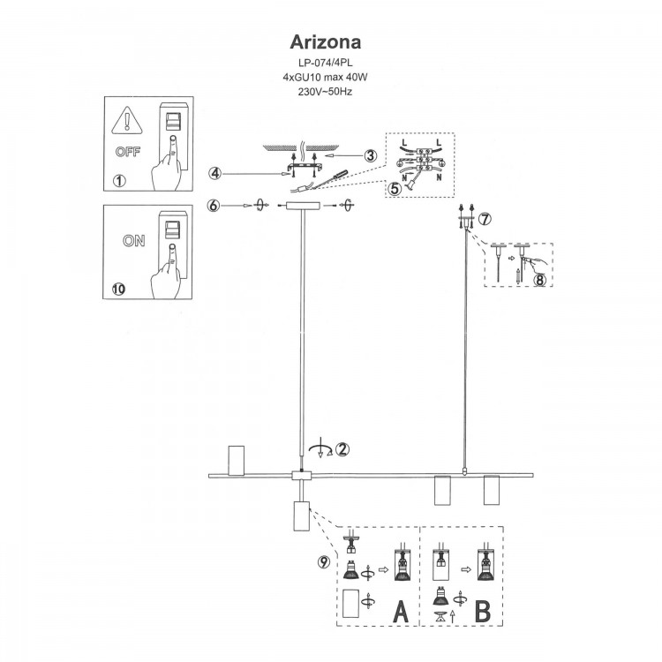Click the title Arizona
(325, 42)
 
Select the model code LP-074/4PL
(325, 63)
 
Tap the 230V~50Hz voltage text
(325, 91)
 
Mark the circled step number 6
(214, 206)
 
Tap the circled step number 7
(485, 218)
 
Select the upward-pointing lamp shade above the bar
(235, 460)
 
